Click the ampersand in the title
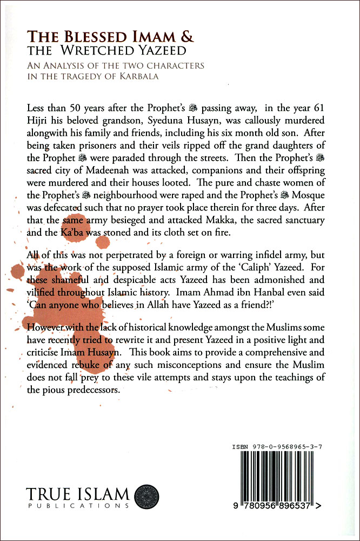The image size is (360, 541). [185, 37]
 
